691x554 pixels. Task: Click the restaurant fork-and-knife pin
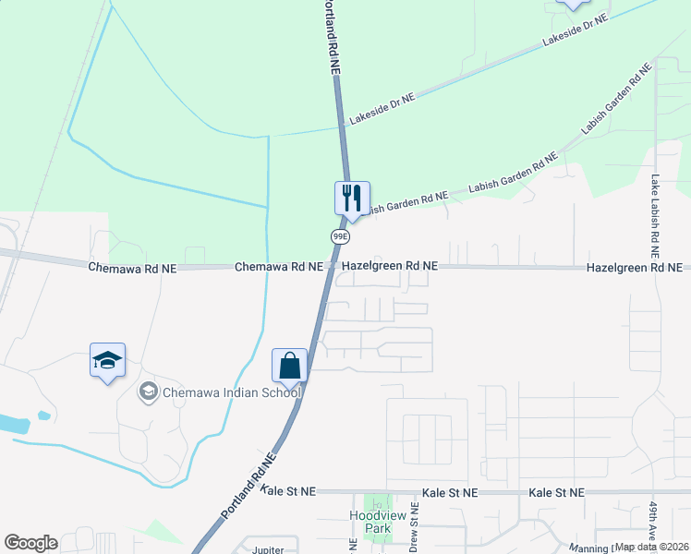(x=352, y=198)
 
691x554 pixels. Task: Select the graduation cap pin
(x=107, y=360)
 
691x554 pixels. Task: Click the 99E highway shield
(x=340, y=236)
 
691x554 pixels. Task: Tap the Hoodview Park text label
(x=372, y=522)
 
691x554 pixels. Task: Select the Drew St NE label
(x=415, y=535)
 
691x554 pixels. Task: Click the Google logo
(x=30, y=543)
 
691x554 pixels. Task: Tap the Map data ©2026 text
(x=652, y=547)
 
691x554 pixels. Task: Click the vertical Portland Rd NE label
(x=332, y=37)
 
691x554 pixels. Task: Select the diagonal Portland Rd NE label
(x=249, y=485)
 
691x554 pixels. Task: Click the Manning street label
(x=591, y=548)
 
